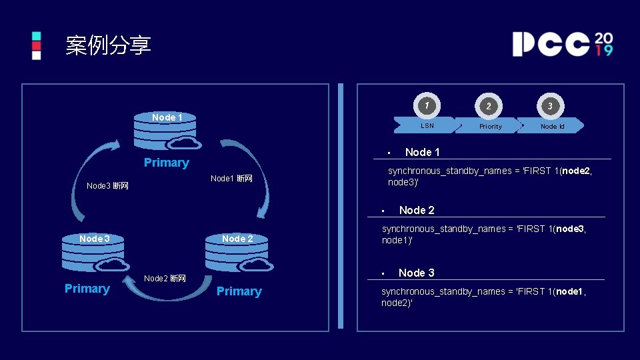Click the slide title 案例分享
108,45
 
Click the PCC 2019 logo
562,44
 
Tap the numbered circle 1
427,105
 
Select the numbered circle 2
489,106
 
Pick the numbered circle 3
551,106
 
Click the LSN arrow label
427,125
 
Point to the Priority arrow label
491,126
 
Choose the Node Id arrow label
553,126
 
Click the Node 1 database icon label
167,117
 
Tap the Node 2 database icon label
237,239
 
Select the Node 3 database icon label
93,239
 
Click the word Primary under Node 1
167,163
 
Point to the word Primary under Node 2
239,291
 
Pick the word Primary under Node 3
87,289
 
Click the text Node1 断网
231,179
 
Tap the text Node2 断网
165,279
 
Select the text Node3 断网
107,185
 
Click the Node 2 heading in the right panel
417,211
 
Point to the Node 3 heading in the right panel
416,273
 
